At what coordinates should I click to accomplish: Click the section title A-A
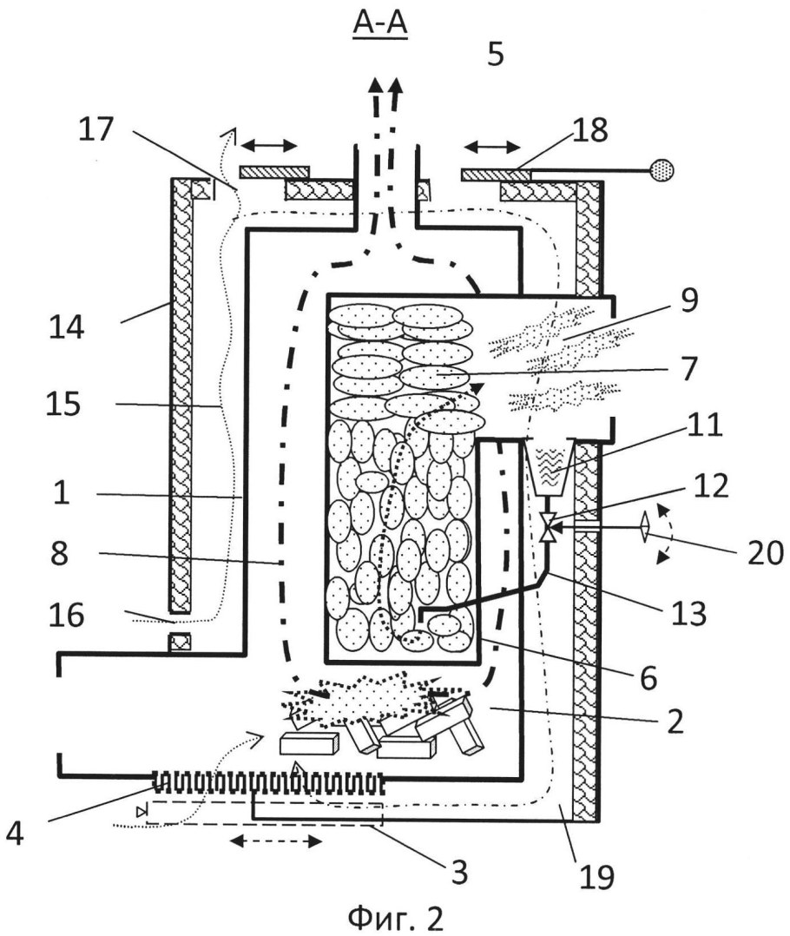pos(379,26)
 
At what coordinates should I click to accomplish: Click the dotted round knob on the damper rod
pos(662,168)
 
